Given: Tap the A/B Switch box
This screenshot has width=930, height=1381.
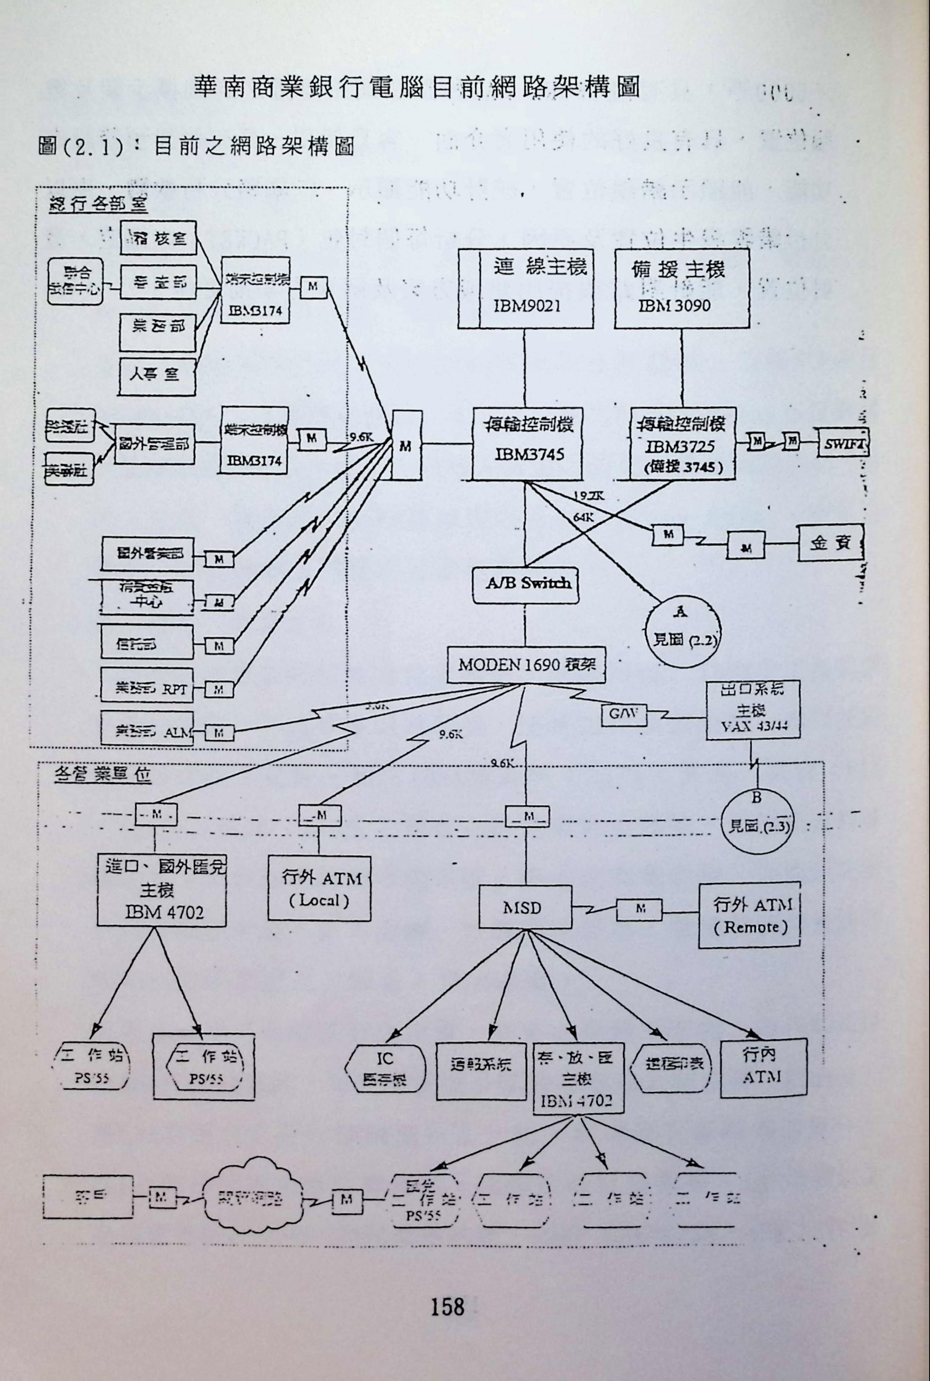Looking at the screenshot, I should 525,584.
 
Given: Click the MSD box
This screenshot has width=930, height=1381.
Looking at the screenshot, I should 525,907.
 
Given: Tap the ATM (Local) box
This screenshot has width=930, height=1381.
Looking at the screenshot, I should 319,888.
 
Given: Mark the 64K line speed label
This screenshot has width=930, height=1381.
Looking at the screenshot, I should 583,517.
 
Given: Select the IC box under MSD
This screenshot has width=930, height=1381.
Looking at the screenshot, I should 385,1069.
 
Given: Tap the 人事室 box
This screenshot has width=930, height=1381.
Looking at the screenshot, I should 156,376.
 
